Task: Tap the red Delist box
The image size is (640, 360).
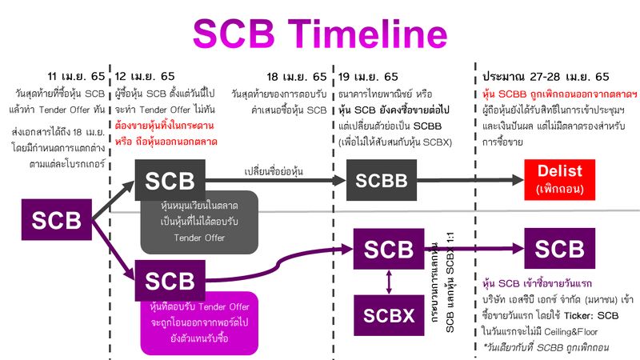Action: click(561, 179)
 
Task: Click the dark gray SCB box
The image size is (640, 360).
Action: click(169, 179)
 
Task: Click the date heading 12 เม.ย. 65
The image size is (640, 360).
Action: click(145, 77)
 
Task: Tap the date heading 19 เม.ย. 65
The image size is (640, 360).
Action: click(368, 77)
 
